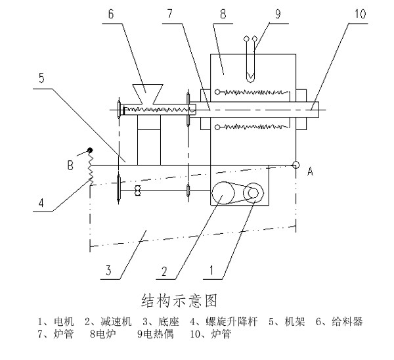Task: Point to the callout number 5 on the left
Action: coord(41,77)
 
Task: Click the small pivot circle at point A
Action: coord(297,165)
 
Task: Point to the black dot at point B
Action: coord(91,150)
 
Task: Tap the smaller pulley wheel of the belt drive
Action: coord(251,193)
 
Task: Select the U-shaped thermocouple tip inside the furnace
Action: coord(251,74)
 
